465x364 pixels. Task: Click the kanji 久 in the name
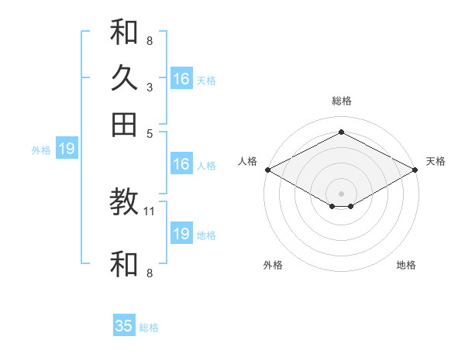pos(124,77)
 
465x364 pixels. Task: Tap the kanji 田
pos(124,124)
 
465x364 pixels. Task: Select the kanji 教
pos(124,204)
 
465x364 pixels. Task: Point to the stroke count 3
pos(149,87)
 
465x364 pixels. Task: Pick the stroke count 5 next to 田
pos(150,132)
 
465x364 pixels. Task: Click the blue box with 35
pos(124,326)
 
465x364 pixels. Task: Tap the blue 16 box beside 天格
pos(181,79)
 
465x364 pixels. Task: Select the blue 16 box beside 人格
pos(181,164)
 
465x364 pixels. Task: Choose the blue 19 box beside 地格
pos(181,234)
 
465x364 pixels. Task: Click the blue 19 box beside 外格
pos(67,149)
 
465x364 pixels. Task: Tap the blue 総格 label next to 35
pos(149,328)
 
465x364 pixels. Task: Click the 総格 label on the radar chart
pos(341,101)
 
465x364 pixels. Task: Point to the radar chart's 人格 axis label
pos(248,161)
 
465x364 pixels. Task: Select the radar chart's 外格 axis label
pos(273,265)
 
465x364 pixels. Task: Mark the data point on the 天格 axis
pos(416,170)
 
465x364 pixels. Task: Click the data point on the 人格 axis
pos(267,170)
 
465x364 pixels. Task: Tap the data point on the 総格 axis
pos(341,132)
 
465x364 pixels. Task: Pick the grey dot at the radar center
pos(341,193)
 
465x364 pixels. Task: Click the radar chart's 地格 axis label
pos(406,265)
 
